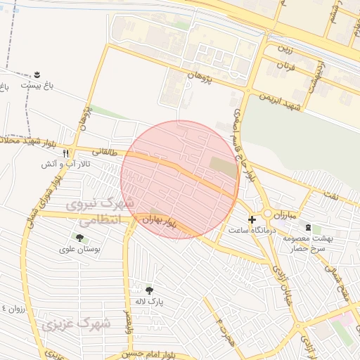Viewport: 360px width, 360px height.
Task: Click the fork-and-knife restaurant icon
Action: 66,153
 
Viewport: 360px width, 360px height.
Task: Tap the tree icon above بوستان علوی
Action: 79,237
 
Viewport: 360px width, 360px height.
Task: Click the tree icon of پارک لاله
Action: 149,290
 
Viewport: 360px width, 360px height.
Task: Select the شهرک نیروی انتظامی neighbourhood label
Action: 95,212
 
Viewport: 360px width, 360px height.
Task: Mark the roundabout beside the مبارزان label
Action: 268,214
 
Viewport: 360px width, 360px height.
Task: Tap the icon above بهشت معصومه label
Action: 308,226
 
